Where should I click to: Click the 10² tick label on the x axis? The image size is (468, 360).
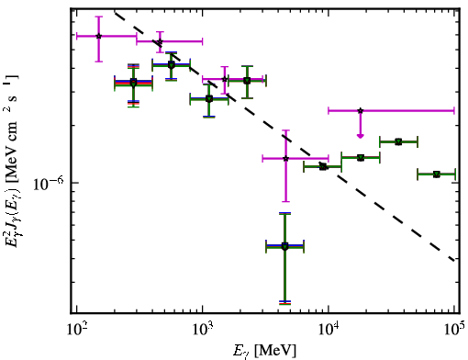coord(77,330)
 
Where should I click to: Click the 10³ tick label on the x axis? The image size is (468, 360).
coord(203,330)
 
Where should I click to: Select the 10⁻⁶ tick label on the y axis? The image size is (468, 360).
coord(49,183)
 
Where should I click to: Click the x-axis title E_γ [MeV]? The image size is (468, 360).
coord(264,351)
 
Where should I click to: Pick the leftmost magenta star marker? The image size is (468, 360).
coord(98,36)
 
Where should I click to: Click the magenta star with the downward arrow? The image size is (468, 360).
coord(361,110)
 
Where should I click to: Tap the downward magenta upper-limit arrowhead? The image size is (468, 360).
coord(361,136)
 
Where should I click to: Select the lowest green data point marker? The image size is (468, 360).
coord(284,247)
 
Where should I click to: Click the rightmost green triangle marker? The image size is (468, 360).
coord(437,174)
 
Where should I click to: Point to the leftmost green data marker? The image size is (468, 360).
coord(133,83)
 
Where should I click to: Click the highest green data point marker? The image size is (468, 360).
coord(172,65)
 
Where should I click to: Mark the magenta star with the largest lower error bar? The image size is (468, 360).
coord(285,159)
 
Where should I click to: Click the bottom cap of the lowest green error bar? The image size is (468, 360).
coord(284,303)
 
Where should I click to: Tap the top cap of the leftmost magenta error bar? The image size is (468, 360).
coord(98,17)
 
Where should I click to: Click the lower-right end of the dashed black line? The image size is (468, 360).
coord(455,261)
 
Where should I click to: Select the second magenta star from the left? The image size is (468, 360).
coord(160,41)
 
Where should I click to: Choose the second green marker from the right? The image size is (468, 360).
coord(398,141)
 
